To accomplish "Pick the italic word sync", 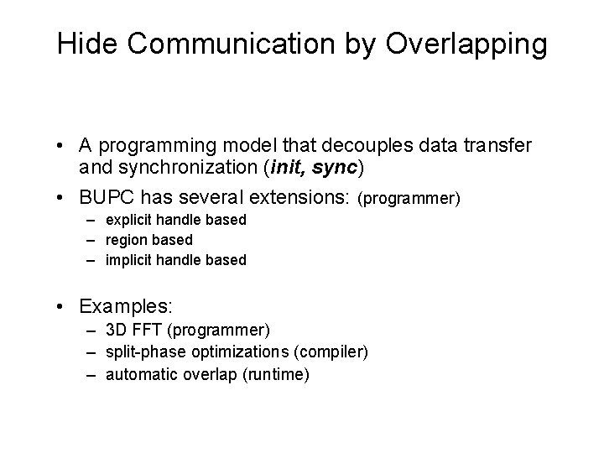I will pos(334,169).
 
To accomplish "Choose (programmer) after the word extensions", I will pos(409,200).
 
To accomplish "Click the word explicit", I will pos(131,220).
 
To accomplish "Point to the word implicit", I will pos(132,260).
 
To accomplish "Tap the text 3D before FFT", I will pos(116,331).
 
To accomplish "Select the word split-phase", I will pos(142,351).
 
